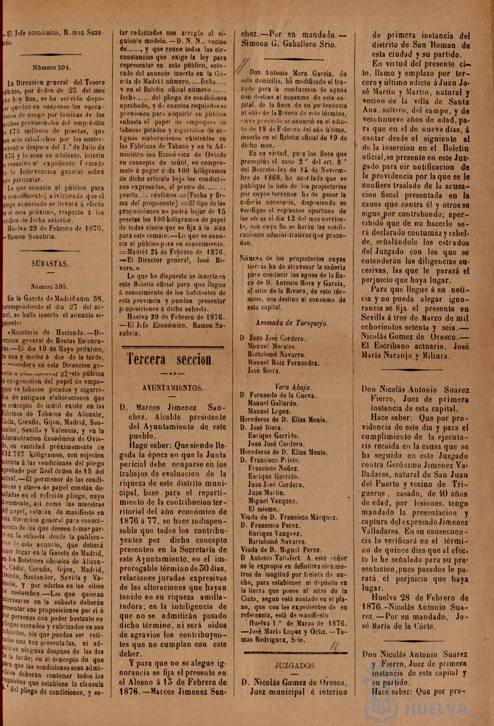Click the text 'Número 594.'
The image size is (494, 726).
pos(51,68)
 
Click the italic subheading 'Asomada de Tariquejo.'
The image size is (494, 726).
pos(292,323)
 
